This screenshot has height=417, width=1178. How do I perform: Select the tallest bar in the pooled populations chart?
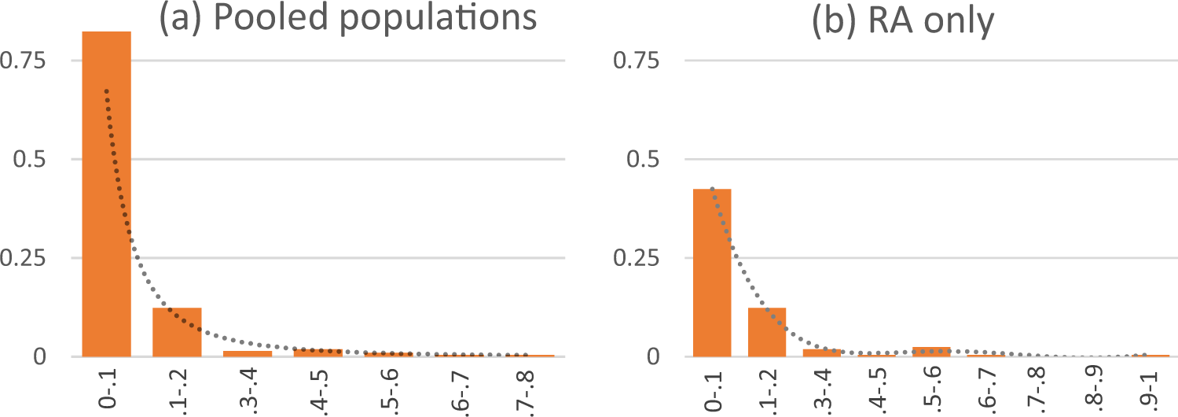[106, 194]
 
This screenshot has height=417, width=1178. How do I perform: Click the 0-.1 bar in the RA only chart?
[712, 272]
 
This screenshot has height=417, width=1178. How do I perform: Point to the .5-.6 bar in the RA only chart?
[931, 352]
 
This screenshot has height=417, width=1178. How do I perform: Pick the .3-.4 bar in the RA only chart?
[821, 352]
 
